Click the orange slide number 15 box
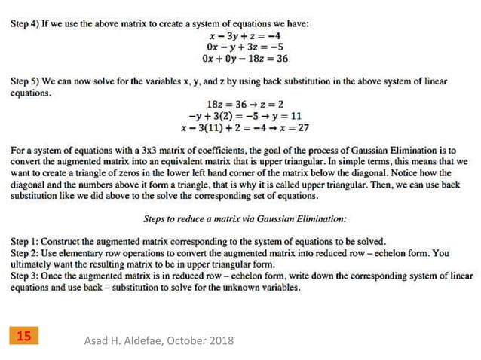[x=24, y=338]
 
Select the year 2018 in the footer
[x=219, y=341]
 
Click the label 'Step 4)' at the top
[x=26, y=24]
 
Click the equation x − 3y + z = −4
[x=245, y=35]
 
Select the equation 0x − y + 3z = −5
[x=245, y=47]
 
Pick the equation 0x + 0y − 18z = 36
[x=245, y=58]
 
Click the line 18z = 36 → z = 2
[x=245, y=105]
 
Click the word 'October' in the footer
[x=178, y=341]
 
